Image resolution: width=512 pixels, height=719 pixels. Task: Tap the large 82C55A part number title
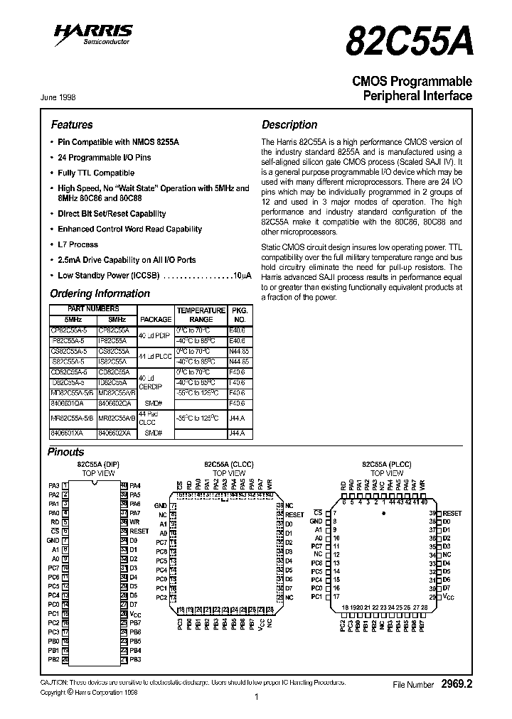[x=408, y=42]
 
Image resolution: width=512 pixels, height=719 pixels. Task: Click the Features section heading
[x=72, y=124]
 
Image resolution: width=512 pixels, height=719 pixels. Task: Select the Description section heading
[x=289, y=124]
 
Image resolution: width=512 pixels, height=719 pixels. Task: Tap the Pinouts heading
[x=65, y=452]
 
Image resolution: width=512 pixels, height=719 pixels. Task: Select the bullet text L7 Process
[x=78, y=244]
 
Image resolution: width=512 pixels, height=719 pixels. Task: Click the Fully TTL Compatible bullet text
[x=96, y=173]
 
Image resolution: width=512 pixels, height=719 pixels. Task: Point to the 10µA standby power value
[x=242, y=275]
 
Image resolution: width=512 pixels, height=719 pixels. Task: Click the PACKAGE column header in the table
[x=155, y=320]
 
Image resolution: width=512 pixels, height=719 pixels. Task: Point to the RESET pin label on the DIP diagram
[x=139, y=531]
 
